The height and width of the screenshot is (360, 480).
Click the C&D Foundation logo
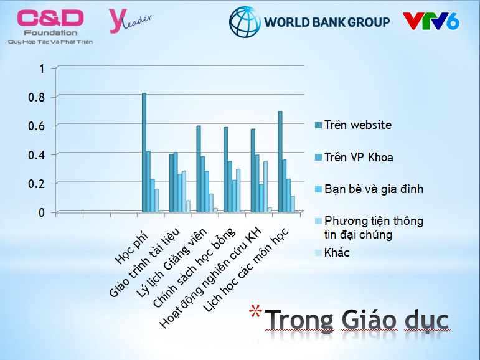point(50,27)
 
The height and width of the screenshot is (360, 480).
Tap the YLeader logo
point(129,21)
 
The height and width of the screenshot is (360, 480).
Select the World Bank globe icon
point(245,22)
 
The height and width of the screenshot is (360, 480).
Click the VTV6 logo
point(431,21)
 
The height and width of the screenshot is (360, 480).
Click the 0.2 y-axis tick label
point(37,184)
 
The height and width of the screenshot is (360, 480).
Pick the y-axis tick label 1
point(42,69)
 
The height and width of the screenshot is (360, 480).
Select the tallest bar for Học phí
point(144,152)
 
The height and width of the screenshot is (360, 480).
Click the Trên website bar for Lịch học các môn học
point(280,161)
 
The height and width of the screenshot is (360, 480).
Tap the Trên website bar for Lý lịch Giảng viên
point(199,169)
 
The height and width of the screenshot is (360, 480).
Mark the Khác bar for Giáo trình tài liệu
point(188,206)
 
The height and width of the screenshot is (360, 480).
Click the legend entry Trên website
point(353,125)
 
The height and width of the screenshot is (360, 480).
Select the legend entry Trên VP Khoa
point(354,157)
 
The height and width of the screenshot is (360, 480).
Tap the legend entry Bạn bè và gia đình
point(369,189)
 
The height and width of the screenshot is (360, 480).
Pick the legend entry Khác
point(332,253)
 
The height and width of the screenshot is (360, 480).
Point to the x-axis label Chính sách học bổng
point(194,268)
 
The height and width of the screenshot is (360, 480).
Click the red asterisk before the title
point(255,311)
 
